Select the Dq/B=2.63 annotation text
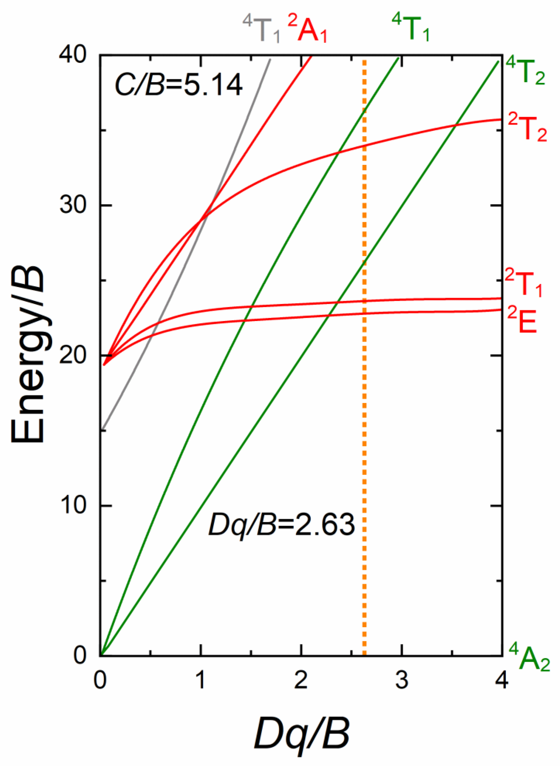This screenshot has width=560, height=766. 282,525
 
